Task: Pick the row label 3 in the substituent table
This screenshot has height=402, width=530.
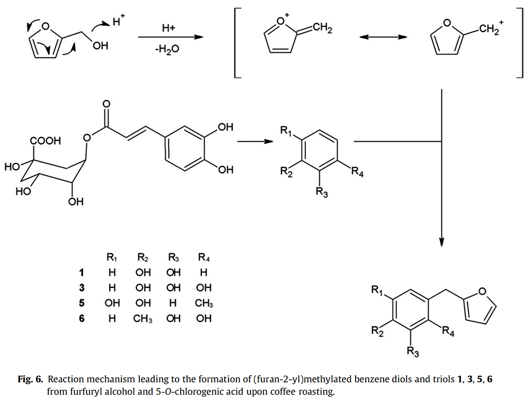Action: pyautogui.click(x=81, y=288)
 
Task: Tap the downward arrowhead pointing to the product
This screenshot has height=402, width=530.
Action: pyautogui.click(x=441, y=242)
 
